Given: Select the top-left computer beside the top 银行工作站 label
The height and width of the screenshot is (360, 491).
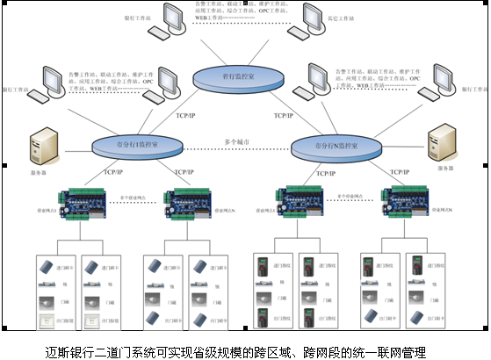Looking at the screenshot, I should [161, 24].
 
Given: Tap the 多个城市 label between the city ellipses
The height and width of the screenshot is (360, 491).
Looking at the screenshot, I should [237, 140].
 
